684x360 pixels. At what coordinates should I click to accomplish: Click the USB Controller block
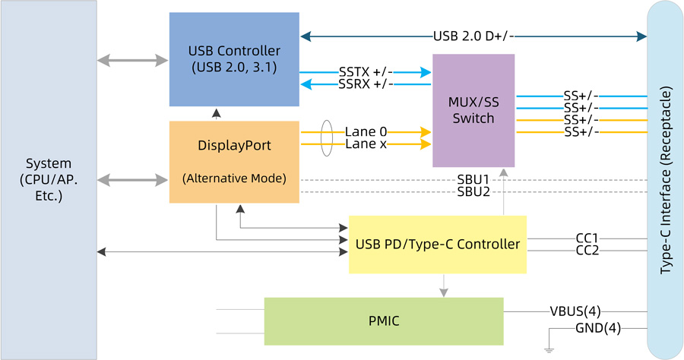[234, 58]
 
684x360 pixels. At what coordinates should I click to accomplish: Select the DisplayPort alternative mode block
[234, 162]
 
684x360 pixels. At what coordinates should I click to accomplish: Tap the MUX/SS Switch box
[473, 110]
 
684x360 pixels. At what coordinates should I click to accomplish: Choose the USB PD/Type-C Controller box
[437, 245]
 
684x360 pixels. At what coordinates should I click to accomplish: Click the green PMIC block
[383, 321]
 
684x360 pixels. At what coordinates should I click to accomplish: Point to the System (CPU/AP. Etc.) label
[49, 179]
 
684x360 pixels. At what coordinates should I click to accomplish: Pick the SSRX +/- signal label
[366, 84]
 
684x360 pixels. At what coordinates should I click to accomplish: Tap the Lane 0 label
[366, 131]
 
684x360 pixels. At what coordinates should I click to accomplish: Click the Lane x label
[366, 144]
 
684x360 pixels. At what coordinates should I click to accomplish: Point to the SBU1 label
[472, 180]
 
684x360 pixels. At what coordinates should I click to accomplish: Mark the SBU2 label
[472, 192]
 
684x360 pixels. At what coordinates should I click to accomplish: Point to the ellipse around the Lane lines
[326, 137]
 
